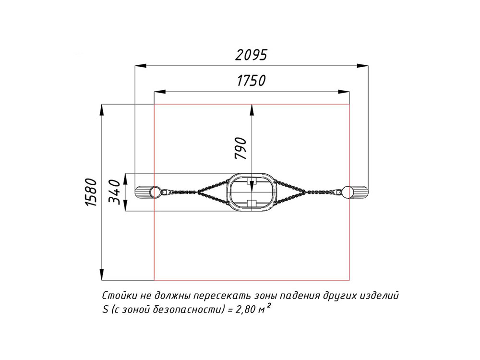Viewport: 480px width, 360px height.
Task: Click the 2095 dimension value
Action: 251,55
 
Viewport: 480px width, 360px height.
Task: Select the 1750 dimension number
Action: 251,81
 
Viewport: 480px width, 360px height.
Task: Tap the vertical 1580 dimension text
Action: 91,192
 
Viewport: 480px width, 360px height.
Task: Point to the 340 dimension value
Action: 115,192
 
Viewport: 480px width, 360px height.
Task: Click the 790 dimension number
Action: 240,148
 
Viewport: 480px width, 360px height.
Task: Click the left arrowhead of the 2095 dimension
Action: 141,65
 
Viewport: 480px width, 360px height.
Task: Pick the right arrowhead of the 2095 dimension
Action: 362,65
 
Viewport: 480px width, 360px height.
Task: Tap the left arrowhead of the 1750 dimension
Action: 159,92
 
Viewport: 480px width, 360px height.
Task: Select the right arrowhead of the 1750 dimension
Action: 344,92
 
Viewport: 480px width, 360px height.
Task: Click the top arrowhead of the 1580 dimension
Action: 102,110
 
